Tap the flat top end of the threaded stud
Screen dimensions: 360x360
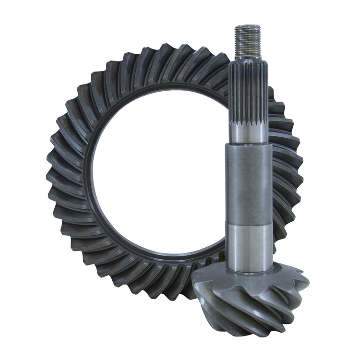[x=248, y=26]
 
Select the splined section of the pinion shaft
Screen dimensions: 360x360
[x=248, y=91]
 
